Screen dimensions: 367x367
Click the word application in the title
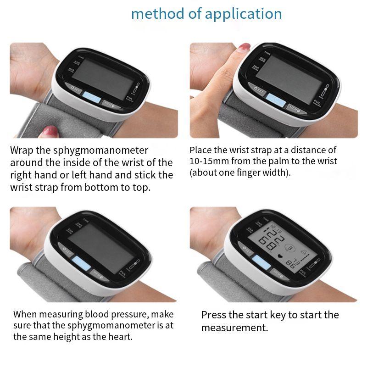tap(243, 13)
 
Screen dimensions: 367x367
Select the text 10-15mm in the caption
tap(205, 161)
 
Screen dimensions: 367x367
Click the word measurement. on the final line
tap(234, 328)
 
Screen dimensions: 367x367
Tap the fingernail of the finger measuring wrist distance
tap(244, 47)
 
